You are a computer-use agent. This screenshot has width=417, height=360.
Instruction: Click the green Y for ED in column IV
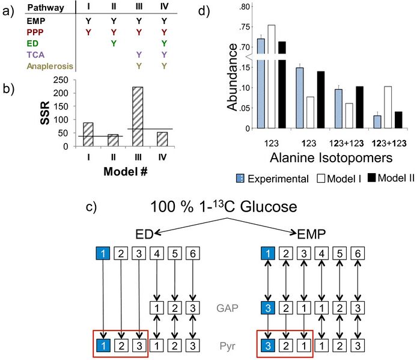point(164,42)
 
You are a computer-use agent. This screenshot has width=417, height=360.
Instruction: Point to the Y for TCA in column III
point(139,53)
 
